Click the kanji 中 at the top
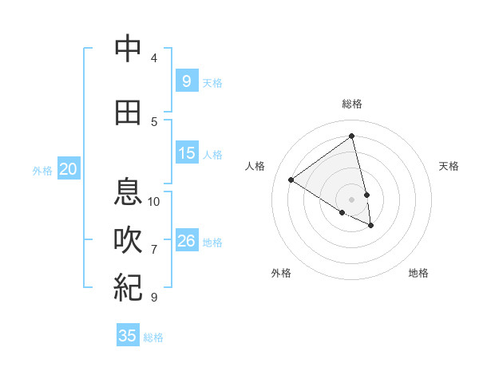pos(128,49)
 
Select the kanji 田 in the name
pos(128,113)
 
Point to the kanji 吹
pos(128,240)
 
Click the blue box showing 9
pos(186,81)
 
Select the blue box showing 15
pos(186,153)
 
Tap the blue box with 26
pos(186,241)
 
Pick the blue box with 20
pos(69,168)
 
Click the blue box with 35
pos(128,336)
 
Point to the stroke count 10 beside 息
pos(154,201)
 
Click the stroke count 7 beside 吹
pos(154,250)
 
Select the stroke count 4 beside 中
pos(154,58)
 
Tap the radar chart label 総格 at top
pos(352,104)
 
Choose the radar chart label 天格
pos(449,166)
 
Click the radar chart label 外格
pos(281,273)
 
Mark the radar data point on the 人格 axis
pos(291,180)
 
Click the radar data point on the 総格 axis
pos(352,136)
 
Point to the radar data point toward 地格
pos(371,226)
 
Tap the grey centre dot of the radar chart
pos(352,199)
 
